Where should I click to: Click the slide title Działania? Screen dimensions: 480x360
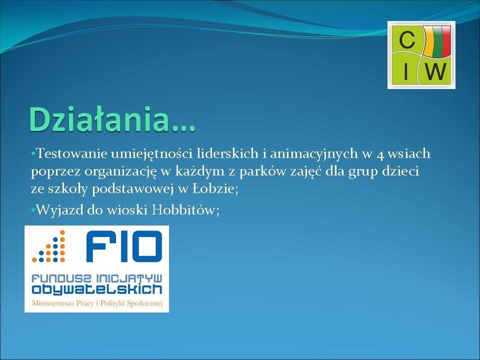(112, 119)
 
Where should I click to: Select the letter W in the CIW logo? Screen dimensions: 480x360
(435, 71)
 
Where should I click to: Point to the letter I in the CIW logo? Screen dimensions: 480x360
(406, 71)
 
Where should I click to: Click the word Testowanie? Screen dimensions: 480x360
(72, 154)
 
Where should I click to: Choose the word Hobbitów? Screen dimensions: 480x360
(186, 210)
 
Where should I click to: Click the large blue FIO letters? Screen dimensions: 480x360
(124, 246)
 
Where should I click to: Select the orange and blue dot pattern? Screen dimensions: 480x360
(49, 246)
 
